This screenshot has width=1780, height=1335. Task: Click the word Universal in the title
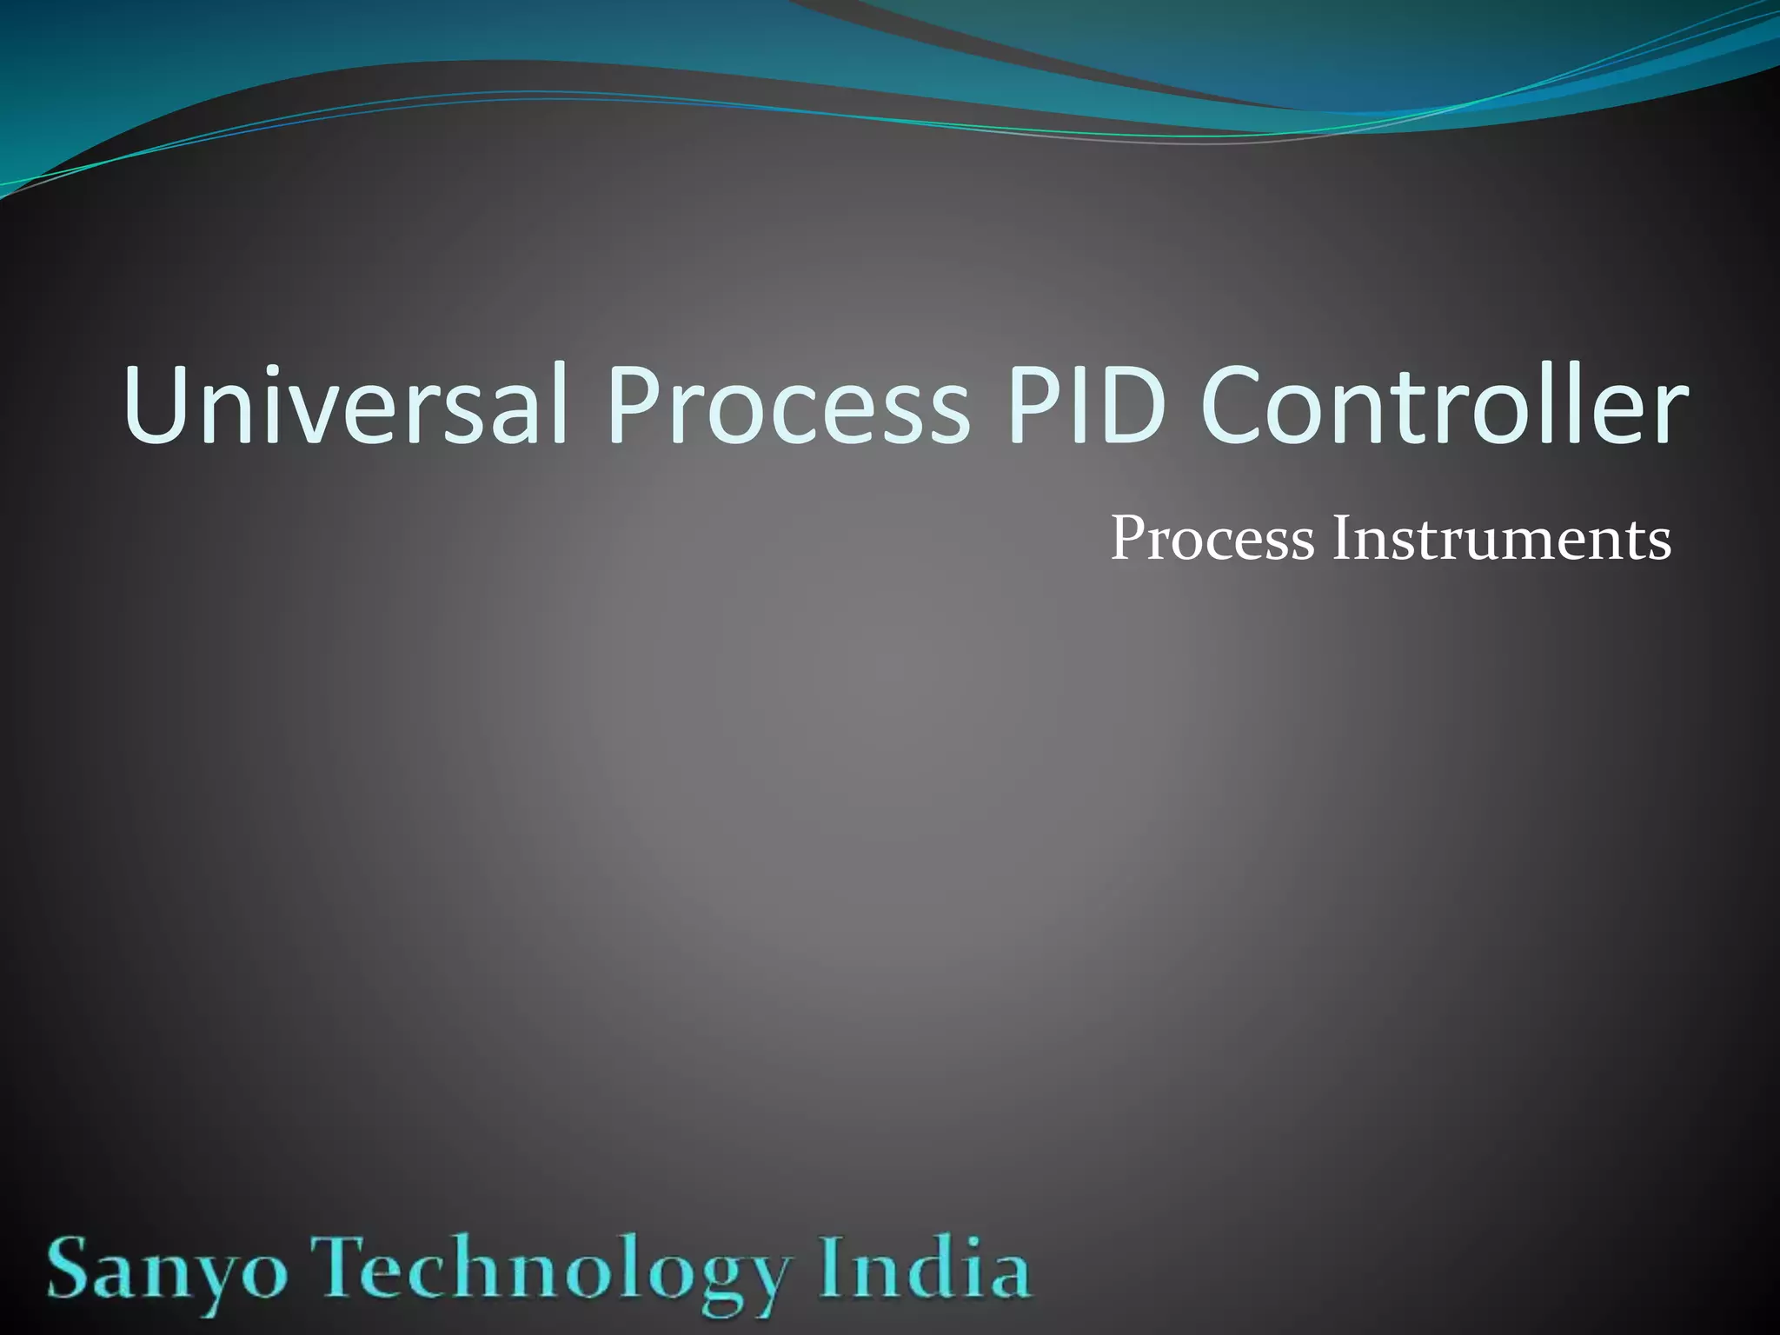(345, 404)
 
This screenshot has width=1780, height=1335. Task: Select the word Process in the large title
(787, 404)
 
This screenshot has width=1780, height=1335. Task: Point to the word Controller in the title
(1444, 404)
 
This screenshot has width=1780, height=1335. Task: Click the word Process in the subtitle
(1212, 540)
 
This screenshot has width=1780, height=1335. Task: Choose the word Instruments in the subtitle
(1502, 540)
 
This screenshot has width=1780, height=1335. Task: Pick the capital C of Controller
(1235, 404)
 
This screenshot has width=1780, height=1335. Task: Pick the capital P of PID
(1032, 404)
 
